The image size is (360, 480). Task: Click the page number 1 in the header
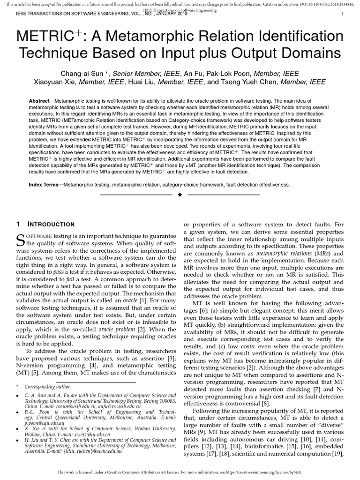tap(343, 14)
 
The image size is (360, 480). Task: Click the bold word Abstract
tap(39, 101)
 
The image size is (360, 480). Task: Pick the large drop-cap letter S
tap(20, 240)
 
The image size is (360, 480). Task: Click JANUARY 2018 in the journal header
tap(170, 14)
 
